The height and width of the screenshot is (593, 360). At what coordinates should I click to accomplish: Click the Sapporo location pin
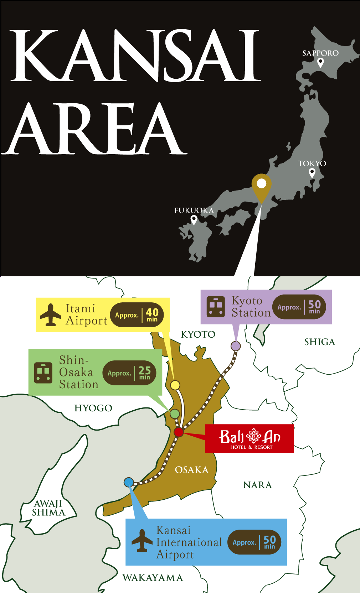(x=320, y=63)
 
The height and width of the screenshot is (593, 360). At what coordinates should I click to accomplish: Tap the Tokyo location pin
(x=312, y=173)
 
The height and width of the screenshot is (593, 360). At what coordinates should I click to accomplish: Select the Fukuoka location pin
(x=194, y=219)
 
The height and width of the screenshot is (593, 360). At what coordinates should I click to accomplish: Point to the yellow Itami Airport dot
(x=175, y=385)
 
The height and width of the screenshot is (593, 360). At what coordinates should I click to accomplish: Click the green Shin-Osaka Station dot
(x=175, y=414)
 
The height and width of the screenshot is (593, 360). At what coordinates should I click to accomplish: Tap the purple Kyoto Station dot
(x=236, y=346)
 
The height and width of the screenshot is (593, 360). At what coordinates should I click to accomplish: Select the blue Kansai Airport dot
(x=129, y=482)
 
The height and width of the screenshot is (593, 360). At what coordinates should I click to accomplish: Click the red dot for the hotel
(x=178, y=432)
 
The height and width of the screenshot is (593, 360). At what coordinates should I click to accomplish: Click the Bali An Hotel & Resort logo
(x=250, y=438)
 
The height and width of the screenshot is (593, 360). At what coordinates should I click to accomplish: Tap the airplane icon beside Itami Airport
(x=51, y=315)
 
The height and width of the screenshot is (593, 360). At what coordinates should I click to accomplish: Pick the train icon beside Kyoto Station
(x=216, y=307)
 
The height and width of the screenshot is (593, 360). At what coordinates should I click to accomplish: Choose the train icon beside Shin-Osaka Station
(x=43, y=373)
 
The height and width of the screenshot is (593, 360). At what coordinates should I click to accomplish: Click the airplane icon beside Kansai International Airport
(x=142, y=541)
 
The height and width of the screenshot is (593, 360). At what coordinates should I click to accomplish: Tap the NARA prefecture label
(x=257, y=485)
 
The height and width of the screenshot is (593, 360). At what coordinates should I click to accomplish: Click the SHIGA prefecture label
(x=320, y=342)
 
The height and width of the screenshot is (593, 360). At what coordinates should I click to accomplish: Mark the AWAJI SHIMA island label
(x=48, y=508)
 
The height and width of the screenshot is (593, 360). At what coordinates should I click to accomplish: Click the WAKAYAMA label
(x=153, y=578)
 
